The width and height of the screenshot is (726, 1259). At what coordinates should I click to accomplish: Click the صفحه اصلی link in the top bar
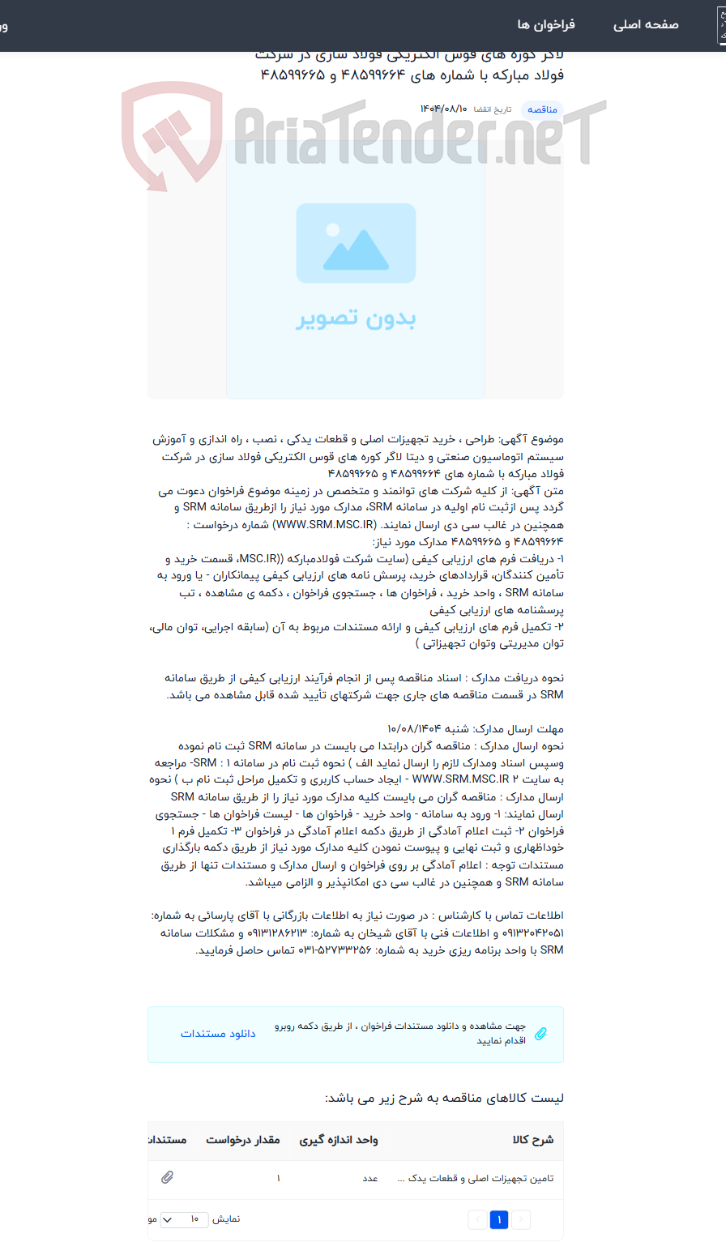click(x=645, y=25)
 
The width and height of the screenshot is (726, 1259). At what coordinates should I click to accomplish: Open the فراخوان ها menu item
click(x=546, y=25)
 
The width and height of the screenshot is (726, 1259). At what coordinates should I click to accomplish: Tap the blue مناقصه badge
click(x=542, y=109)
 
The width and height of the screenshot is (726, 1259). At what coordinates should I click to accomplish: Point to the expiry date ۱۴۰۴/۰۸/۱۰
click(x=444, y=109)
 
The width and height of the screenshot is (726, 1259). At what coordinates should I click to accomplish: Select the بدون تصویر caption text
click(x=356, y=318)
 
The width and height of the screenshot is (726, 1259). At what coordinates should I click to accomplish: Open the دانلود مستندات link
click(x=218, y=1034)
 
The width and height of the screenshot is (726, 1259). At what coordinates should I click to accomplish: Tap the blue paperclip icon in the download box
click(x=540, y=1034)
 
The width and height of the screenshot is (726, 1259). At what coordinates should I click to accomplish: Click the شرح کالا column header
click(x=533, y=1140)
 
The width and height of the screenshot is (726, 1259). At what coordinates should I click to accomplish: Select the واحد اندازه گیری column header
click(x=339, y=1140)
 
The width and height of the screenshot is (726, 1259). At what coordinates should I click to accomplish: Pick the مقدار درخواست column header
click(x=242, y=1140)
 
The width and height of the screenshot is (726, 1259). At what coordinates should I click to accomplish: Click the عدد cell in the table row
click(x=370, y=1179)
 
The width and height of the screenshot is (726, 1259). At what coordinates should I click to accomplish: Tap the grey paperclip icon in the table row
click(x=167, y=1177)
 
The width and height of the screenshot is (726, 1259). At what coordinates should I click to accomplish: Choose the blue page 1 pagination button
click(x=499, y=1219)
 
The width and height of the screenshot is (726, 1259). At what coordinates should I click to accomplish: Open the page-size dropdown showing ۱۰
click(x=184, y=1219)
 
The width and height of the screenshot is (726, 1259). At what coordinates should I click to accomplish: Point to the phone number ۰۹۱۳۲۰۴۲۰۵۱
click(x=527, y=933)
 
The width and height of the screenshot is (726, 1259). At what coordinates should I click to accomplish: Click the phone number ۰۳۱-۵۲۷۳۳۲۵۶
click(x=335, y=950)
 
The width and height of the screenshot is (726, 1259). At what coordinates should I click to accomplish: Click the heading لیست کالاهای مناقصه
click(x=444, y=1099)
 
